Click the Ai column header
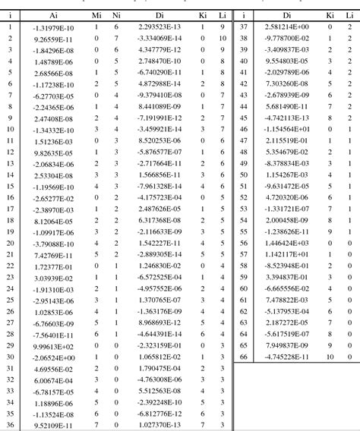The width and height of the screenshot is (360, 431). pos(53,15)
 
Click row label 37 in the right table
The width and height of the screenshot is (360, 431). pos(245,27)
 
